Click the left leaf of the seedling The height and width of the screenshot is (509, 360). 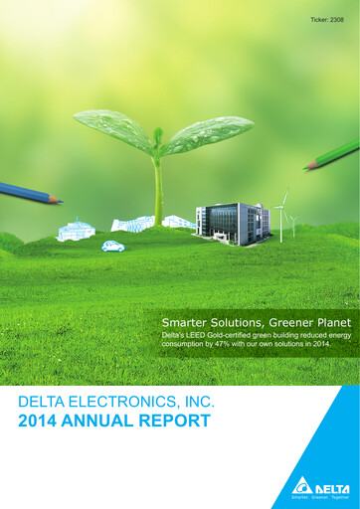pyautogui.click(x=111, y=129)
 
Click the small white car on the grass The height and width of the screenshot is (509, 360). pyautogui.click(x=112, y=246)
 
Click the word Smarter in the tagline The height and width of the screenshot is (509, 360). pyautogui.click(x=186, y=324)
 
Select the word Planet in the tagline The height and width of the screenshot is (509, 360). pyautogui.click(x=327, y=324)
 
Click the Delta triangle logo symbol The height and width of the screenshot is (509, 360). pyautogui.click(x=301, y=486)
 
